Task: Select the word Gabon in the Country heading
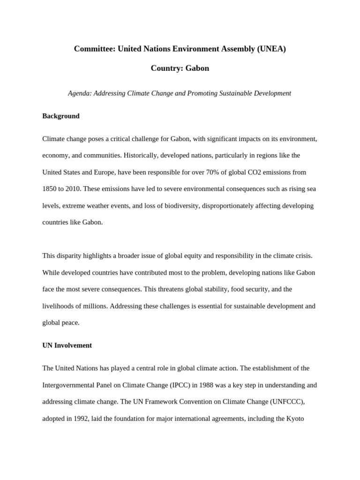pyautogui.click(x=197, y=68)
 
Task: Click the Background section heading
pyautogui.click(x=61, y=116)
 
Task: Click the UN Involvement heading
pyautogui.click(x=67, y=345)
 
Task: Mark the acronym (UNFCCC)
pyautogui.click(x=297, y=402)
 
